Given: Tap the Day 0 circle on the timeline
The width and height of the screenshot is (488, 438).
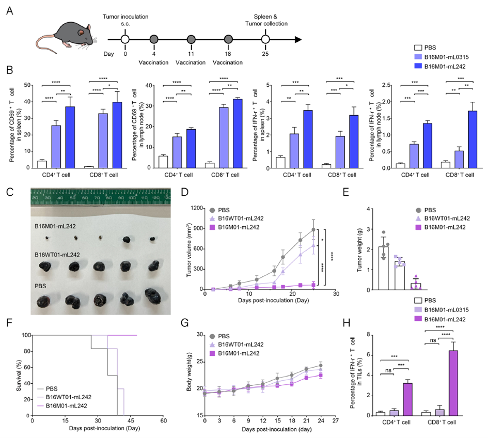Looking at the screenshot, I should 124,39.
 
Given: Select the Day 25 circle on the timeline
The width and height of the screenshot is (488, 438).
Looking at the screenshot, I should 265,39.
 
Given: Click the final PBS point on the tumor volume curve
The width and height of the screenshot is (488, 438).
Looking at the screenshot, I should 313,230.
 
